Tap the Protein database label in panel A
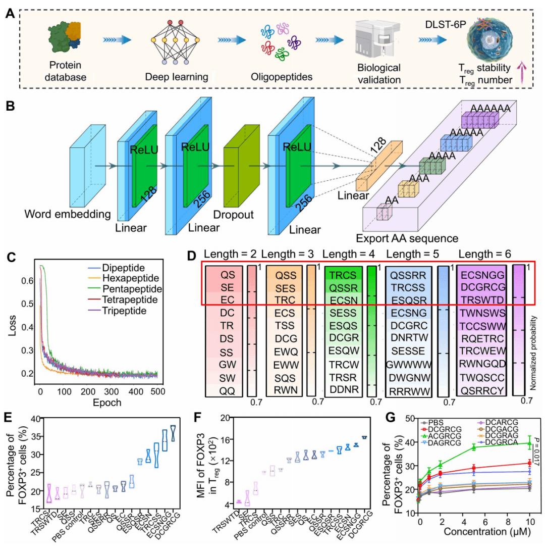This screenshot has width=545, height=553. click(x=65, y=71)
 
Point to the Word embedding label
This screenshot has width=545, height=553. click(x=67, y=215)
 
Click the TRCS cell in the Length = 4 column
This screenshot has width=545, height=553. click(x=343, y=275)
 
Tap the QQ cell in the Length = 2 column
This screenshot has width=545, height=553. click(x=224, y=389)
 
